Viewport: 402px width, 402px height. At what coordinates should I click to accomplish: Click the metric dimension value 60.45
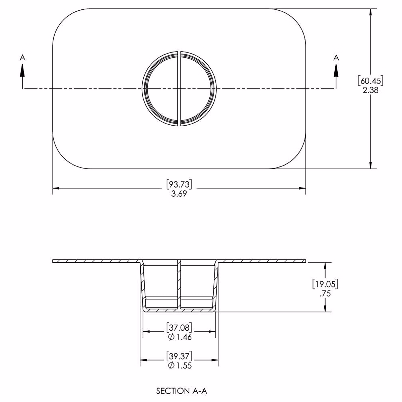tap(370, 81)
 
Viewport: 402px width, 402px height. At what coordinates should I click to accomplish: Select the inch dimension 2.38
tap(370, 90)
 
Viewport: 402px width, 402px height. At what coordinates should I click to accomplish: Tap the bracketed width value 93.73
tap(179, 184)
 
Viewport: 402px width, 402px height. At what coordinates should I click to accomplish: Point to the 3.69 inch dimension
tap(179, 194)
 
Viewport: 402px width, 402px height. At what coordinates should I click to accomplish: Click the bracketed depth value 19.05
tap(325, 284)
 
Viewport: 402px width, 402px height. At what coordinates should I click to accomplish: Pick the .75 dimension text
tap(325, 294)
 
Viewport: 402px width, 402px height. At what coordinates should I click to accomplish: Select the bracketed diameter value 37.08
tap(179, 327)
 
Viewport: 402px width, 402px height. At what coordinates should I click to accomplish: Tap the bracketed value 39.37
tap(179, 355)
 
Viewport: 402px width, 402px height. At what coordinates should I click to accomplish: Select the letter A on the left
tap(22, 58)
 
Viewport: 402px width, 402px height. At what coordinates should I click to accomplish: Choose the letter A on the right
tap(336, 58)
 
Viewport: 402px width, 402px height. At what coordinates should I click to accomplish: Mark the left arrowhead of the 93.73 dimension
tap(56, 188)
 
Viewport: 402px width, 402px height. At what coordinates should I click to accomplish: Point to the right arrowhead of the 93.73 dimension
tap(302, 188)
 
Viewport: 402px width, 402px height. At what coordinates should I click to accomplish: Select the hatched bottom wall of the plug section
tap(179, 311)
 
